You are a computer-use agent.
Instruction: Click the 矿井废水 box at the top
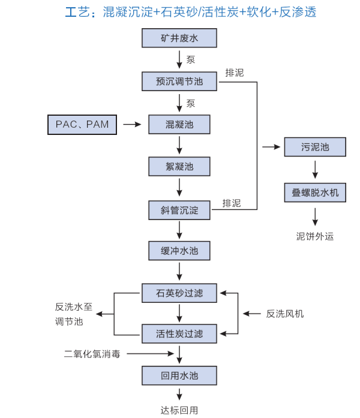coord(179,39)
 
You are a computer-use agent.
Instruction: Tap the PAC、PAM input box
coord(82,124)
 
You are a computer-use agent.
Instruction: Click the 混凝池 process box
coord(179,124)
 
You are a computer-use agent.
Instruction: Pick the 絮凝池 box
coord(179,166)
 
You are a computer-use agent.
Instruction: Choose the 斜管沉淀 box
coord(179,210)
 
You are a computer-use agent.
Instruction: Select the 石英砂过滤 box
coord(179,293)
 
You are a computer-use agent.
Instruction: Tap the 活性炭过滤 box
coord(179,333)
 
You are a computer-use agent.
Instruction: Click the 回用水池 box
coord(179,376)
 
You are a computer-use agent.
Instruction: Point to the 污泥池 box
coord(315,147)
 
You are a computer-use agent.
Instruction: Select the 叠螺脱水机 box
coord(315,193)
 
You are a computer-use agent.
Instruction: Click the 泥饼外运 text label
coord(315,236)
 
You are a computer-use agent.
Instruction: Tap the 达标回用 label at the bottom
coord(179,411)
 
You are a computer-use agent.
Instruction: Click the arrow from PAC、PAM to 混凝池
coord(131,124)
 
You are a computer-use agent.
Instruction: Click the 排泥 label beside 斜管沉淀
coord(232,203)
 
